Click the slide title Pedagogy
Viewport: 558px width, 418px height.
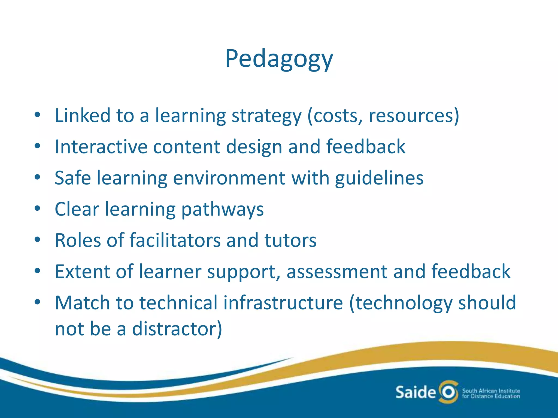(279, 59)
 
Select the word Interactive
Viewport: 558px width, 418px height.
(101, 147)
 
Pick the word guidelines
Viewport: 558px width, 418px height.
(379, 178)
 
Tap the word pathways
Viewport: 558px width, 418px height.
(222, 210)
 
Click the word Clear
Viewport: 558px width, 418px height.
(77, 210)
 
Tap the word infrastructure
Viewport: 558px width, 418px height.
(283, 303)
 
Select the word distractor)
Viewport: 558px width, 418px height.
(177, 329)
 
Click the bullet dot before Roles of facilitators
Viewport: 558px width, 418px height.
(38, 240)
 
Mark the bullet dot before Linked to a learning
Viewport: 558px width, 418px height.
(38, 115)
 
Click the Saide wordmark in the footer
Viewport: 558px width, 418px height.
(415, 392)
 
